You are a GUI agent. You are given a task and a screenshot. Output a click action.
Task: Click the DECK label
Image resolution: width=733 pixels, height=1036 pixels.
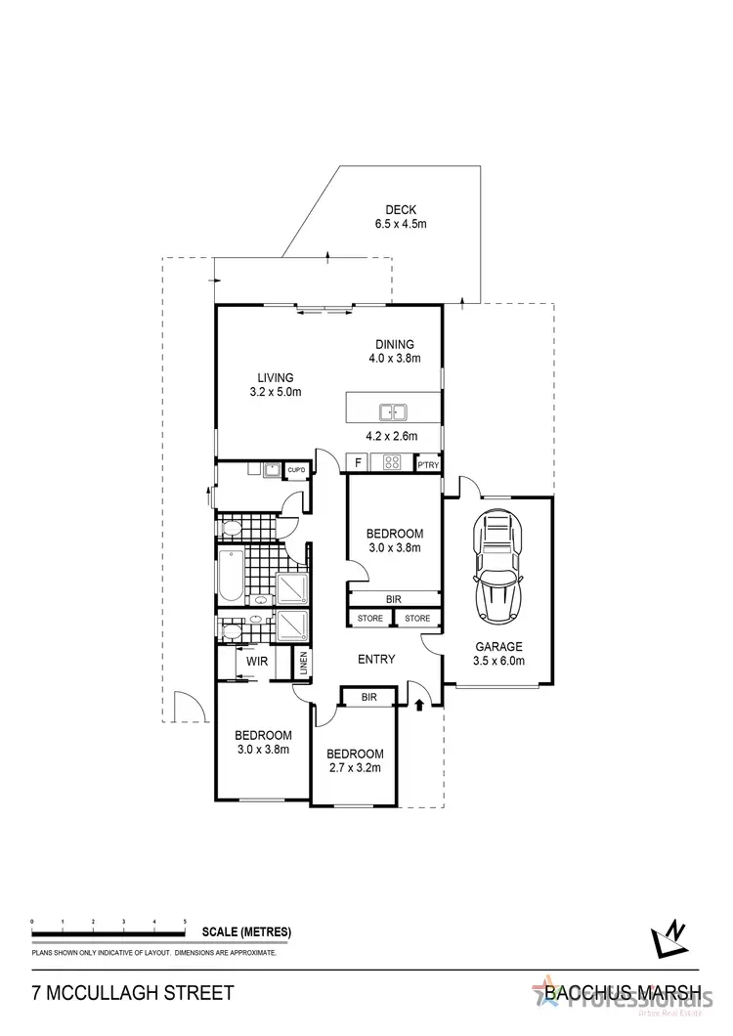[401, 208]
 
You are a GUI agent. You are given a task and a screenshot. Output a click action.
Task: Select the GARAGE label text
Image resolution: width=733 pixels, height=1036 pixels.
[499, 646]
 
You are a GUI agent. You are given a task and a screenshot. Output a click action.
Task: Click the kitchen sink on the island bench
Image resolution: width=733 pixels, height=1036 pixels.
[393, 412]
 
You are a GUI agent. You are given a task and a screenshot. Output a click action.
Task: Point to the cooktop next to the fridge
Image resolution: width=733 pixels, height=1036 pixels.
[393, 463]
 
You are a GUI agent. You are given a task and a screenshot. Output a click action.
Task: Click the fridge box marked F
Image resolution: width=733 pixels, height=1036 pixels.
[358, 463]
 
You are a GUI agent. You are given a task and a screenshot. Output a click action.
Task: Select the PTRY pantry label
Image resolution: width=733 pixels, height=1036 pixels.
[428, 464]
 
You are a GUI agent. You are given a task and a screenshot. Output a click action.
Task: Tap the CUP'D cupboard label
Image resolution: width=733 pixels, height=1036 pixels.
[295, 471]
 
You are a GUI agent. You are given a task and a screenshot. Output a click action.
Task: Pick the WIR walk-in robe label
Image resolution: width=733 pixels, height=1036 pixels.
[257, 662]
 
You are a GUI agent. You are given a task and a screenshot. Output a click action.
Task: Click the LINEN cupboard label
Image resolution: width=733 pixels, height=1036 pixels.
[303, 663]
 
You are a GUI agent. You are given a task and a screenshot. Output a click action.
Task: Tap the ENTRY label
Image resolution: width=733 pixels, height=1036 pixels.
[376, 660]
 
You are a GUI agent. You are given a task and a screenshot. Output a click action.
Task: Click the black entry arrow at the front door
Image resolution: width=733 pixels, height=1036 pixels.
[420, 704]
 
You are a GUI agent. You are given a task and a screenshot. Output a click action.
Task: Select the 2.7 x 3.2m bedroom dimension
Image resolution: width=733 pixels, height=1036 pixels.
[355, 768]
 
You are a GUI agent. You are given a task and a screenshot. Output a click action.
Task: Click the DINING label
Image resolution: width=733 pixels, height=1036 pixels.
[395, 344]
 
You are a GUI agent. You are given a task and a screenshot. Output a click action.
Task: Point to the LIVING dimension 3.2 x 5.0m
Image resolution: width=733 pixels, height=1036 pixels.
[276, 393]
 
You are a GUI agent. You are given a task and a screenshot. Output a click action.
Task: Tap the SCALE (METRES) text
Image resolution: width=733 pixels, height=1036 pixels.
[246, 931]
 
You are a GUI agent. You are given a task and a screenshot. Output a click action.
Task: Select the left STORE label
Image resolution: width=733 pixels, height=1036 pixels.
[369, 618]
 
